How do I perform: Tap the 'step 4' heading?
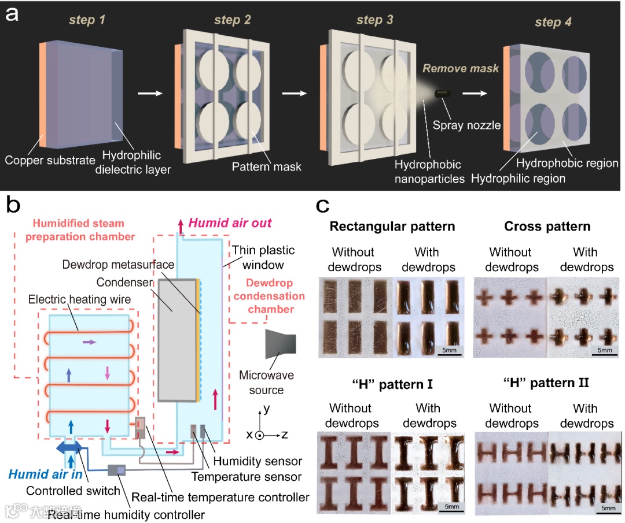(x=539, y=23)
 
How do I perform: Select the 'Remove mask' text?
(x=461, y=69)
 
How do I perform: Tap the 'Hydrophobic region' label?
(x=568, y=164)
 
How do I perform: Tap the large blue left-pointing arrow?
(x=69, y=448)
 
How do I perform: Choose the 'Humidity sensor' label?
(x=258, y=461)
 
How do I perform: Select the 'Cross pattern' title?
(x=547, y=227)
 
